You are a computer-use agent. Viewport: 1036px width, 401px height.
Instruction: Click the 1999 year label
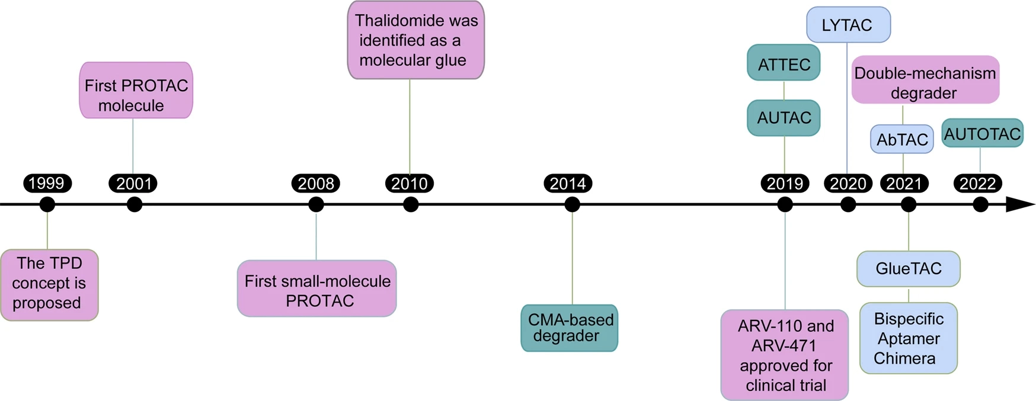[47, 184]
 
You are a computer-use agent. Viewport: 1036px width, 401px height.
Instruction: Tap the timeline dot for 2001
[135, 205]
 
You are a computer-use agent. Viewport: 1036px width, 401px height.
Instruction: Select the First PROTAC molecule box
[136, 90]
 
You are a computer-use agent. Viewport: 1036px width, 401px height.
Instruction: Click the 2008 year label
[316, 184]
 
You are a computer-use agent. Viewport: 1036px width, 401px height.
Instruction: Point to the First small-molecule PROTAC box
[317, 288]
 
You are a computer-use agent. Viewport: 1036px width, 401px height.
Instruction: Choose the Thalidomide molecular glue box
[416, 40]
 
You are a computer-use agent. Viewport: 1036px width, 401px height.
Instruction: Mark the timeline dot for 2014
[572, 205]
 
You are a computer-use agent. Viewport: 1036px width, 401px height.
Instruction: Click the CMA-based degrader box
[570, 328]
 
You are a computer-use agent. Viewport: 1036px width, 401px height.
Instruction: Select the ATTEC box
[784, 62]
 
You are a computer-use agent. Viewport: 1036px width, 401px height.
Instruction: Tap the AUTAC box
[784, 118]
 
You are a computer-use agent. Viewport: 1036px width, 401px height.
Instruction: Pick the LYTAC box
[848, 25]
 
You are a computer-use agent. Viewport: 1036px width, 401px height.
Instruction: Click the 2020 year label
[848, 184]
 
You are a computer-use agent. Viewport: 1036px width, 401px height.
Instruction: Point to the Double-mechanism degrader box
[926, 80]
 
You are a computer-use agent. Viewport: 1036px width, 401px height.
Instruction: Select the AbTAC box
[902, 139]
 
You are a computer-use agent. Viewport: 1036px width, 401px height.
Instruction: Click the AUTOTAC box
[983, 133]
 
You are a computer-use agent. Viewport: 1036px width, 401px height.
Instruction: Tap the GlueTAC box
[909, 269]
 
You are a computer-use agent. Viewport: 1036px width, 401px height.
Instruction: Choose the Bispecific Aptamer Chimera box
[909, 338]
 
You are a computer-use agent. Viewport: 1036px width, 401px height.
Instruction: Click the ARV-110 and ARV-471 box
[785, 355]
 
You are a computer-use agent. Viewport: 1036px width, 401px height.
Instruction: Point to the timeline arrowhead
[1021, 205]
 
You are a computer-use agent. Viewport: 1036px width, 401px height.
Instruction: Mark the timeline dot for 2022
[981, 205]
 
